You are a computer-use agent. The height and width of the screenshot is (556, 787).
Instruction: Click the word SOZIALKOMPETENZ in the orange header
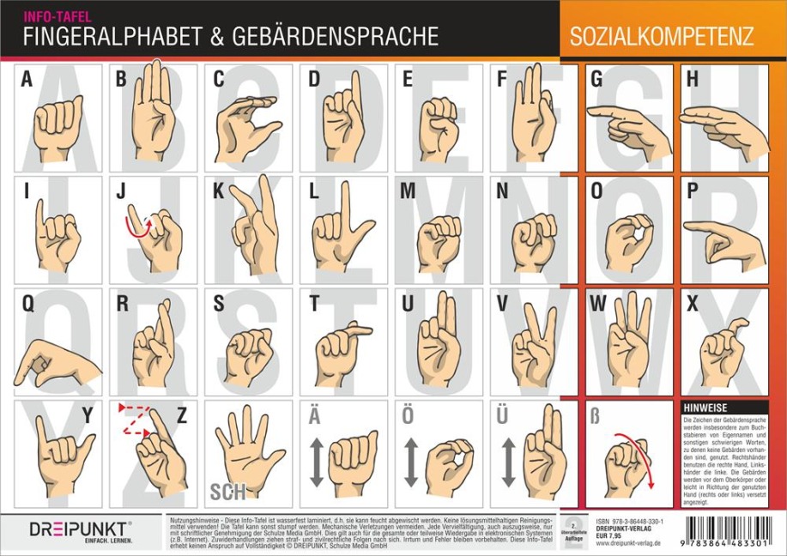tap(661, 37)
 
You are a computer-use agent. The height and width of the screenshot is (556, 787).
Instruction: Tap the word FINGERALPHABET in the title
tap(110, 37)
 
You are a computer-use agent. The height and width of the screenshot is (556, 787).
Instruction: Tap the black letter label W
tap(598, 304)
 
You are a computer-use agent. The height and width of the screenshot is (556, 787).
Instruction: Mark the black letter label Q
tap(28, 304)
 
